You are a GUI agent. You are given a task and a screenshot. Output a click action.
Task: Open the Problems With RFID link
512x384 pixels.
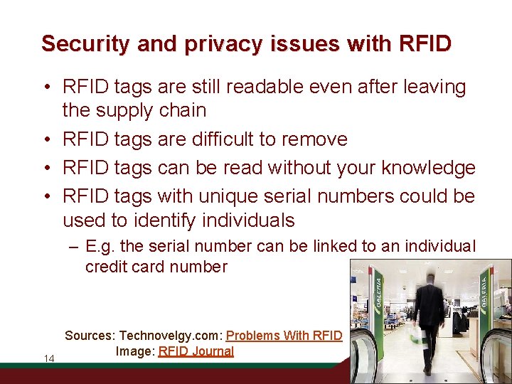(284, 336)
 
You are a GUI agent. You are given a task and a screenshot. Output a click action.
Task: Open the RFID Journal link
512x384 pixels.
(196, 351)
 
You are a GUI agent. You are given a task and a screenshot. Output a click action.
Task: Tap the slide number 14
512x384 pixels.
(49, 358)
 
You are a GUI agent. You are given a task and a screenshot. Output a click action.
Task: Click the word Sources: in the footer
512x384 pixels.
(90, 336)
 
